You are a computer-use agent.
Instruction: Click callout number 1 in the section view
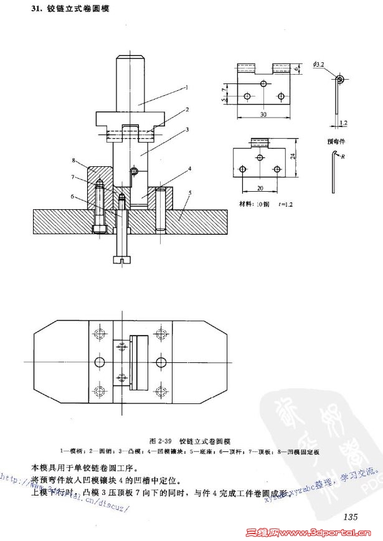186,87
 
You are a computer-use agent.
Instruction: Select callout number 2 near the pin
186,109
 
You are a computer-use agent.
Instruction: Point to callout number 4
189,169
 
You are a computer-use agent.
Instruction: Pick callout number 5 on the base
190,193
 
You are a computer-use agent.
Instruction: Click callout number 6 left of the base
73,197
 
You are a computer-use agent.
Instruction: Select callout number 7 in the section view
73,178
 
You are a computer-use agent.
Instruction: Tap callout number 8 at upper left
73,160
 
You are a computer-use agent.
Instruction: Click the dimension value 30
263,114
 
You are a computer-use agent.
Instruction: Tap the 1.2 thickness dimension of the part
343,123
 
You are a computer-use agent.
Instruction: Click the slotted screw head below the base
123,259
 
